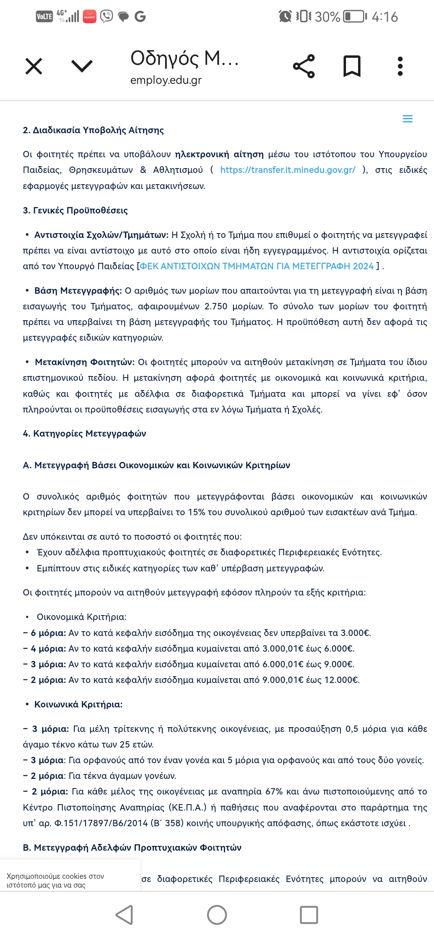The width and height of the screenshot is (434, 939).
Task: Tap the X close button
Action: coord(34,66)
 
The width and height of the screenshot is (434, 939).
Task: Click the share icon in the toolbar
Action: coord(304,66)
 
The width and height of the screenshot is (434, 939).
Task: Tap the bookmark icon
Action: coord(352,66)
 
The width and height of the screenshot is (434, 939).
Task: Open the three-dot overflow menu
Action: coord(400,66)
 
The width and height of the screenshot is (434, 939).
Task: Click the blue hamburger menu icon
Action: coord(407,119)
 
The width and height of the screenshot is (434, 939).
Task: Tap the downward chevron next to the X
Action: coord(82,66)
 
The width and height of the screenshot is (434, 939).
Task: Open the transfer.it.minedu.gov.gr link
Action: coord(288,170)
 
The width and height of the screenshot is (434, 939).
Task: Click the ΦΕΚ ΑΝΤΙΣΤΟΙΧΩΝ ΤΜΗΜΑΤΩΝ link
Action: coord(257,266)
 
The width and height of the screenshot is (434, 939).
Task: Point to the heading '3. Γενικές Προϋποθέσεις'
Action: coord(75,211)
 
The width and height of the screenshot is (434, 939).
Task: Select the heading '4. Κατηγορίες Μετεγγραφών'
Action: coord(84,434)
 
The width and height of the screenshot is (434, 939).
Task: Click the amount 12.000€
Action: coord(342,680)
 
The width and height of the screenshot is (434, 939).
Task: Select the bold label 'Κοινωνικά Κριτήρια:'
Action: coord(78,705)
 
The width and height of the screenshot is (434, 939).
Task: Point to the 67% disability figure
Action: coord(274,792)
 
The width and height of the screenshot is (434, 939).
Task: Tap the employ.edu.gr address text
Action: coord(166,80)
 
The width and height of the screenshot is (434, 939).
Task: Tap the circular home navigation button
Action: coord(217,915)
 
